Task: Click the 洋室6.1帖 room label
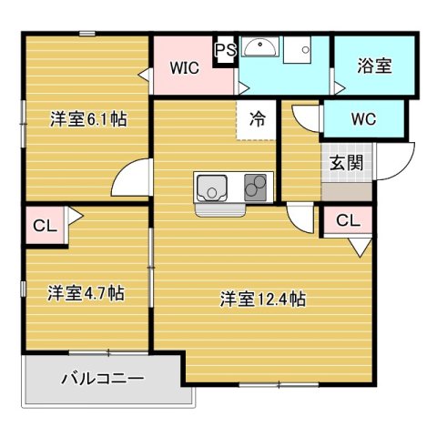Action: click(87, 117)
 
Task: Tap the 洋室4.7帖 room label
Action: click(86, 293)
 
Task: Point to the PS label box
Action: click(226, 51)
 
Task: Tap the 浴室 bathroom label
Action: click(374, 66)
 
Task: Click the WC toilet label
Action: click(363, 118)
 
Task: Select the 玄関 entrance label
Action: click(346, 163)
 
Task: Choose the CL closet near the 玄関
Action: click(347, 220)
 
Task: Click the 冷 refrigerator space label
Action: click(258, 117)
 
